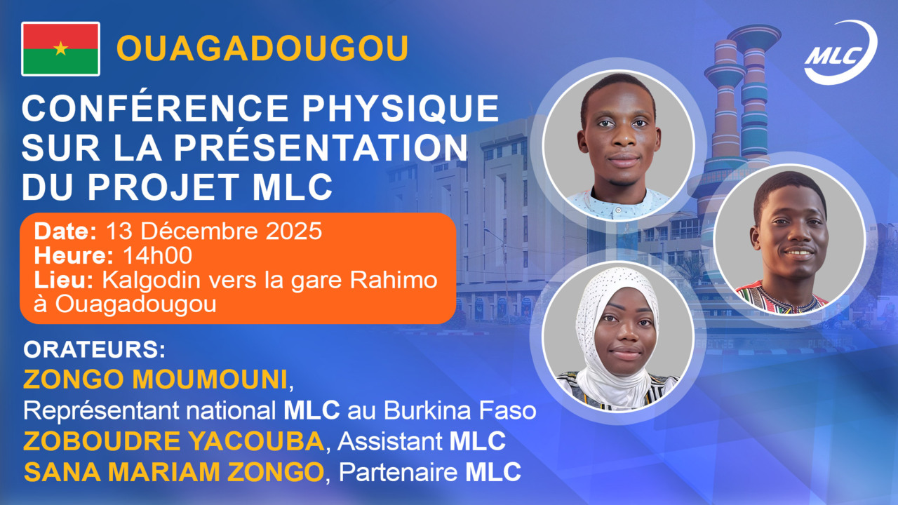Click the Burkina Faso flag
coord(61,48)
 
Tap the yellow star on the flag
coord(61,48)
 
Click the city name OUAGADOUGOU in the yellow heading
coord(262,48)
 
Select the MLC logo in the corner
coord(840,53)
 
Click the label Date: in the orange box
coord(66,230)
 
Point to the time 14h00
coord(158,255)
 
